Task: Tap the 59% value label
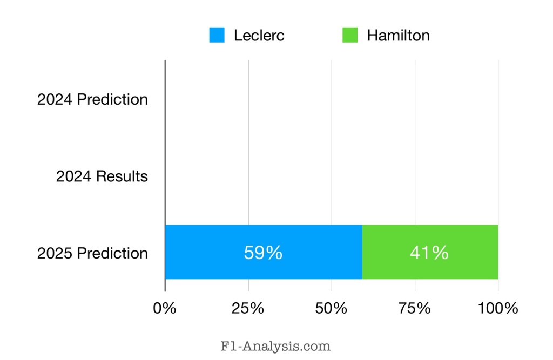coord(263,253)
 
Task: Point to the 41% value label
coord(429,253)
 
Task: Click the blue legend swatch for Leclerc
coord(217,35)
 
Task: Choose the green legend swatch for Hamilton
coord(350,35)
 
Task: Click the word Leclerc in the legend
coord(259,36)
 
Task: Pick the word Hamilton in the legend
coord(399,36)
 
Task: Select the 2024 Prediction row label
coord(92,99)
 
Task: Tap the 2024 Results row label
coord(102,176)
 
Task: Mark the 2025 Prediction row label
coord(92,253)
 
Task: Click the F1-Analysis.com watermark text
coord(276,345)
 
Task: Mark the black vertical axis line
coord(165,162)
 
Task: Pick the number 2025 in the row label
coord(55,253)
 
